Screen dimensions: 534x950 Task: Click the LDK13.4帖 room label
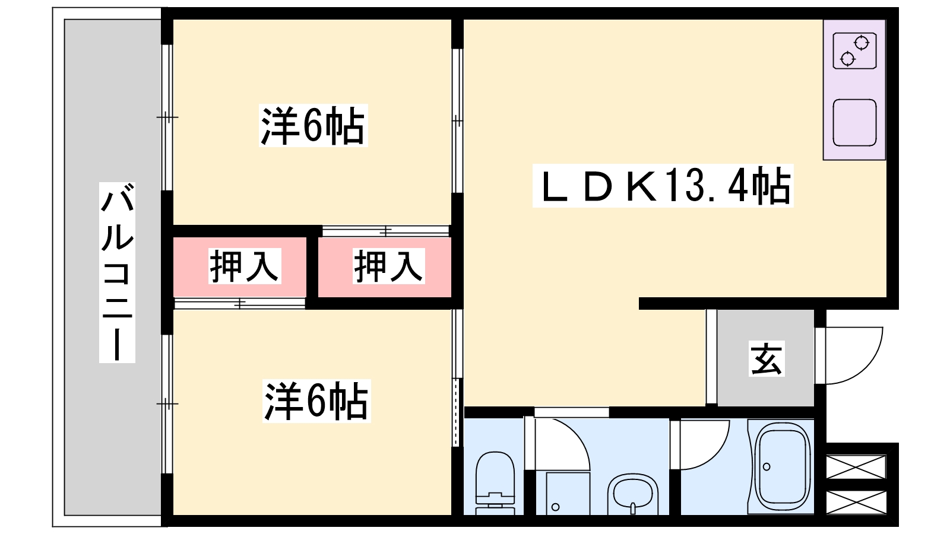tap(663, 186)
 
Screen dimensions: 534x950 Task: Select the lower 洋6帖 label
tap(316, 401)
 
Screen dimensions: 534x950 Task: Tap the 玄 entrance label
tap(767, 358)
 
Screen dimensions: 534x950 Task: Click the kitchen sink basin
tap(854, 122)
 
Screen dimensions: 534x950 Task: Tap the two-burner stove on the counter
tap(854, 51)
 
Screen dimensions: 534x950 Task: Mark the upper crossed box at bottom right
tap(856, 465)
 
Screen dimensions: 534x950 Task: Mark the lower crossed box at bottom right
tap(856, 501)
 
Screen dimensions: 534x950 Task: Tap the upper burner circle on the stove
tap(862, 43)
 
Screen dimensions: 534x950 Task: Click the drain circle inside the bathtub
tap(767, 467)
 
